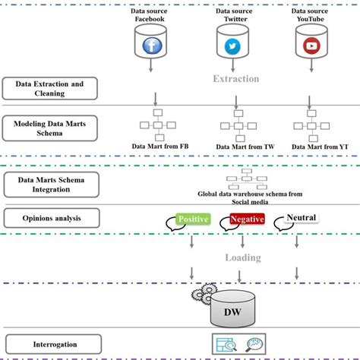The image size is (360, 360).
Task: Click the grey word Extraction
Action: point(235,79)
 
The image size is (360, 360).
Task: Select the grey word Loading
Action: point(243,257)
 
